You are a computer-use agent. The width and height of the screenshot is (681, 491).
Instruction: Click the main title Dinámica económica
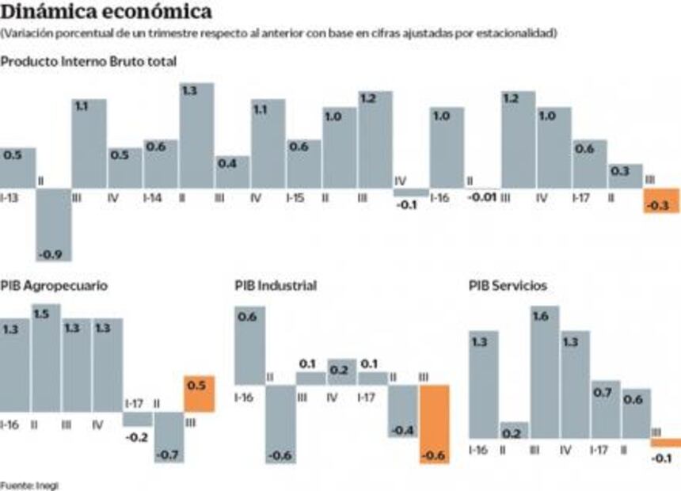pos(107,13)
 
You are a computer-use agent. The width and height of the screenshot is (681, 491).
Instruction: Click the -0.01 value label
pos(481,197)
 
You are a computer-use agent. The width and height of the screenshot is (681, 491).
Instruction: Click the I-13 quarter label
pos(10,197)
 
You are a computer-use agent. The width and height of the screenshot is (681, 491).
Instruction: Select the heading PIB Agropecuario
pos(55,285)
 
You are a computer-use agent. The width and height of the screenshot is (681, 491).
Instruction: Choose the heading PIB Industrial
pos(276,285)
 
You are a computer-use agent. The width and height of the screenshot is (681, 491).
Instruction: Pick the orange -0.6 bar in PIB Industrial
pos(434,424)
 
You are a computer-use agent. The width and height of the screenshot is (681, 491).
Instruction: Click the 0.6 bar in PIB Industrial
pos(249,346)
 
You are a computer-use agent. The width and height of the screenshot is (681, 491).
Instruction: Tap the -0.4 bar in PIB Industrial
pos(403,411)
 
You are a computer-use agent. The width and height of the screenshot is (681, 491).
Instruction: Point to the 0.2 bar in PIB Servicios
pos(514,430)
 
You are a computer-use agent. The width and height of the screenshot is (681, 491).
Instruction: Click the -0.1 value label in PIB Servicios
pos(661,459)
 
